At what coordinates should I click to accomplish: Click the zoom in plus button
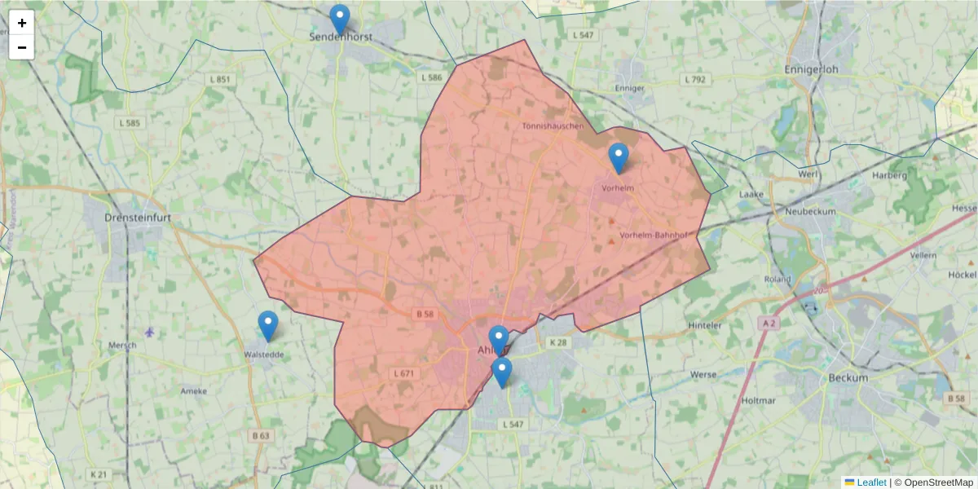click(x=22, y=23)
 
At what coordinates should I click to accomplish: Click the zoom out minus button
click(x=22, y=47)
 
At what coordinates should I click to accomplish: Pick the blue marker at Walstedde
click(x=268, y=326)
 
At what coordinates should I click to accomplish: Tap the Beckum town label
click(x=848, y=378)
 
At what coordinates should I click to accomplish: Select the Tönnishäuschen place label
click(x=553, y=126)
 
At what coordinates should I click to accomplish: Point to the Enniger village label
click(x=631, y=87)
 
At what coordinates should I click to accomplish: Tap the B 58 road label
click(x=423, y=313)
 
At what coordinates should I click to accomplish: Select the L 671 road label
click(x=404, y=373)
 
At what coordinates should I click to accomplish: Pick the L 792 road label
click(x=695, y=79)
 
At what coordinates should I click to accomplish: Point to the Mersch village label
click(x=122, y=345)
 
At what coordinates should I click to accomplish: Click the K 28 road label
click(x=557, y=342)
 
